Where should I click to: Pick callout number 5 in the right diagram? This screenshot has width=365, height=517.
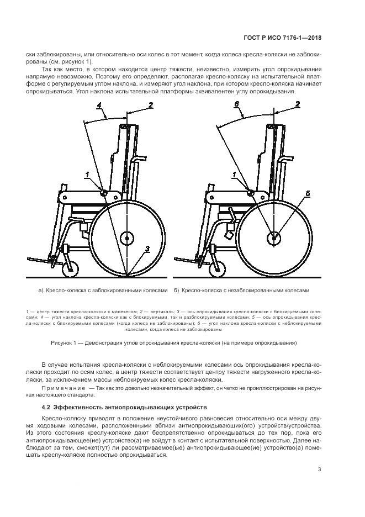pyautogui.click(x=308, y=193)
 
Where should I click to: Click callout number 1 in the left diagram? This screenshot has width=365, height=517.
pyautogui.click(x=87, y=175)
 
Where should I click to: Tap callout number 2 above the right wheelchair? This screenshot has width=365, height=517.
pyautogui.click(x=298, y=104)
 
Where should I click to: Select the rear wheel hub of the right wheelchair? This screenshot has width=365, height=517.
pyautogui.click(x=273, y=238)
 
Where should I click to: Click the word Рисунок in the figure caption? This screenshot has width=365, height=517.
pyautogui.click(x=61, y=342)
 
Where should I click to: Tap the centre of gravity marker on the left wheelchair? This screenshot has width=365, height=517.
pyautogui.click(x=102, y=192)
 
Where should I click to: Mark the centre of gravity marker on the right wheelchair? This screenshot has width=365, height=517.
pyautogui.click(x=250, y=193)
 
